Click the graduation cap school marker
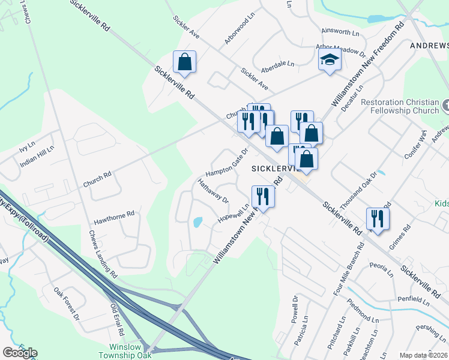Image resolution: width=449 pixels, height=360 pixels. click(x=329, y=60)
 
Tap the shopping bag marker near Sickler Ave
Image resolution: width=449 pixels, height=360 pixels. click(x=184, y=62)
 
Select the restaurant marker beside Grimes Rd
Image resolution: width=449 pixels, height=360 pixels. click(x=378, y=218)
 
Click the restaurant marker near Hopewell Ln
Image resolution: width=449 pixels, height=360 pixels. click(x=263, y=196)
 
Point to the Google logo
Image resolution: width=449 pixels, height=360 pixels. click(x=20, y=353)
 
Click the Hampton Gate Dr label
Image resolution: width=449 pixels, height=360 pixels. click(x=228, y=160)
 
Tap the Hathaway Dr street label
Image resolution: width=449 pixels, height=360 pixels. click(x=213, y=190)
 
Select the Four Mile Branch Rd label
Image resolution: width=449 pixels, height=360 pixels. click(x=349, y=270)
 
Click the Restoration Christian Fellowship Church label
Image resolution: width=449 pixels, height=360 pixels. click(x=400, y=106)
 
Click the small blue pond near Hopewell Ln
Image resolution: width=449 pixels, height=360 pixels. click(x=197, y=222)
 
